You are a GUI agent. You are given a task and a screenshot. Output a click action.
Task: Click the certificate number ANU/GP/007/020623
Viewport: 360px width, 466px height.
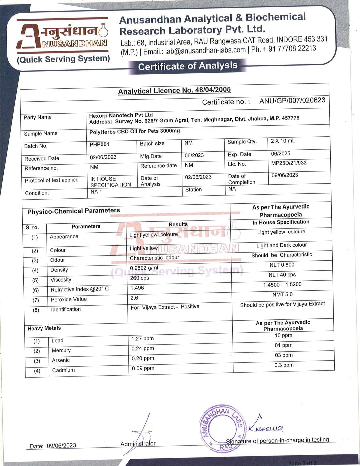tap(292, 100)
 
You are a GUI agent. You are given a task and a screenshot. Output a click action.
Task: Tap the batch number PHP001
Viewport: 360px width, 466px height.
tap(99, 144)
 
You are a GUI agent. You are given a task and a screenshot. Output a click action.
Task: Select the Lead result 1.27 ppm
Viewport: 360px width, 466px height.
tap(142, 339)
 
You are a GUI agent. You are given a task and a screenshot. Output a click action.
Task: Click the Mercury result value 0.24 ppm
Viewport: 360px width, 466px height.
tap(143, 349)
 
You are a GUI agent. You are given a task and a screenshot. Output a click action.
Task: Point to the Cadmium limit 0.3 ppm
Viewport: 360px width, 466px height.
tap(284, 365)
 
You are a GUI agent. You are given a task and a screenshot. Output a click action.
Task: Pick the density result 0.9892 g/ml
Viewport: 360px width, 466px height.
tap(144, 268)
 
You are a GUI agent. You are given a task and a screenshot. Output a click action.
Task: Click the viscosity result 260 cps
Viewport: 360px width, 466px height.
tap(140, 278)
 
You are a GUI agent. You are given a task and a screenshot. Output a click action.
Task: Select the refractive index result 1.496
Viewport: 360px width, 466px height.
tap(137, 288)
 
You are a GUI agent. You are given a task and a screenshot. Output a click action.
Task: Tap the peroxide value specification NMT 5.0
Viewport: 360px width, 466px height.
tap(282, 294)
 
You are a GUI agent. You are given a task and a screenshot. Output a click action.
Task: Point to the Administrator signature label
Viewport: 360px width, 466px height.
tap(138, 444)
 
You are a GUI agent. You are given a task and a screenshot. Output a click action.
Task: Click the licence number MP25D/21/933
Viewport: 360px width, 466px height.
tap(289, 163)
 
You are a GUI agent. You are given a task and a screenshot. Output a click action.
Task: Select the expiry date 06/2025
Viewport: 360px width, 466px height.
tap(281, 154)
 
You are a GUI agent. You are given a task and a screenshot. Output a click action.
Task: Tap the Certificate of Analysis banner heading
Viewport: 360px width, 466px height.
tap(188, 66)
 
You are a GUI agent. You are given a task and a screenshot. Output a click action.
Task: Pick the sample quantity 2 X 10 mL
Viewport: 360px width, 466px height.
tap(283, 141)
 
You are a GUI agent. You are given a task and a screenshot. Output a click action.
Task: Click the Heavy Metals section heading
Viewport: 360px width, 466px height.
tap(44, 328)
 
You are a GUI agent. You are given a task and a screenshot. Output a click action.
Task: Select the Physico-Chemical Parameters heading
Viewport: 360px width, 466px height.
tap(73, 211)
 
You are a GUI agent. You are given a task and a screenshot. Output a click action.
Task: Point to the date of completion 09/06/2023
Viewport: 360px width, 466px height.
tap(285, 175)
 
